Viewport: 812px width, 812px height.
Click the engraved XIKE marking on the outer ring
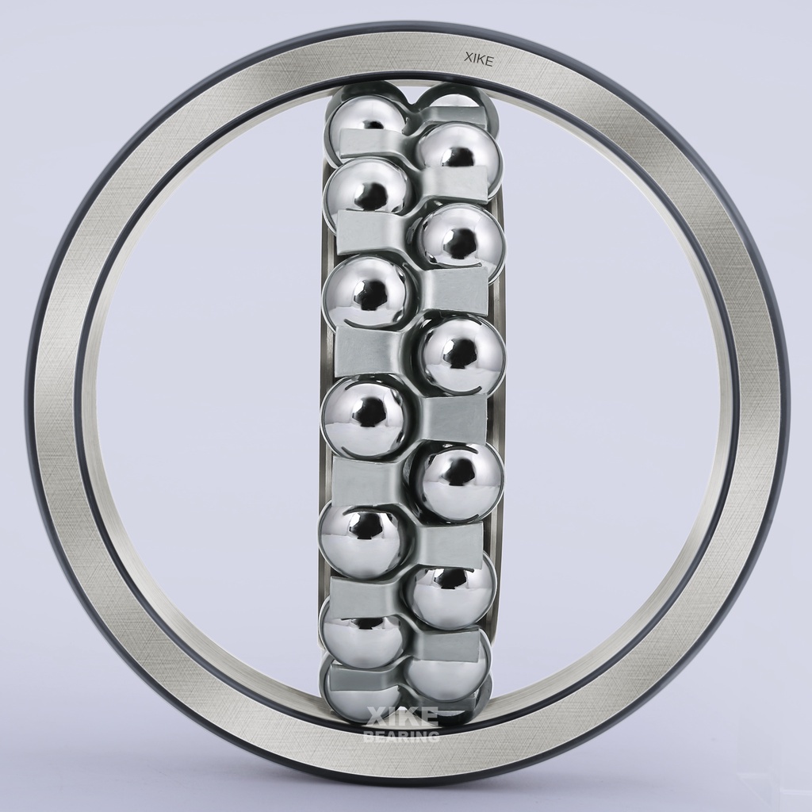coord(480,60)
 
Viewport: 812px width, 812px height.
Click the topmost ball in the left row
coord(365,121)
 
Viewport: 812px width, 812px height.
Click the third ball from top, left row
coord(368,293)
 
